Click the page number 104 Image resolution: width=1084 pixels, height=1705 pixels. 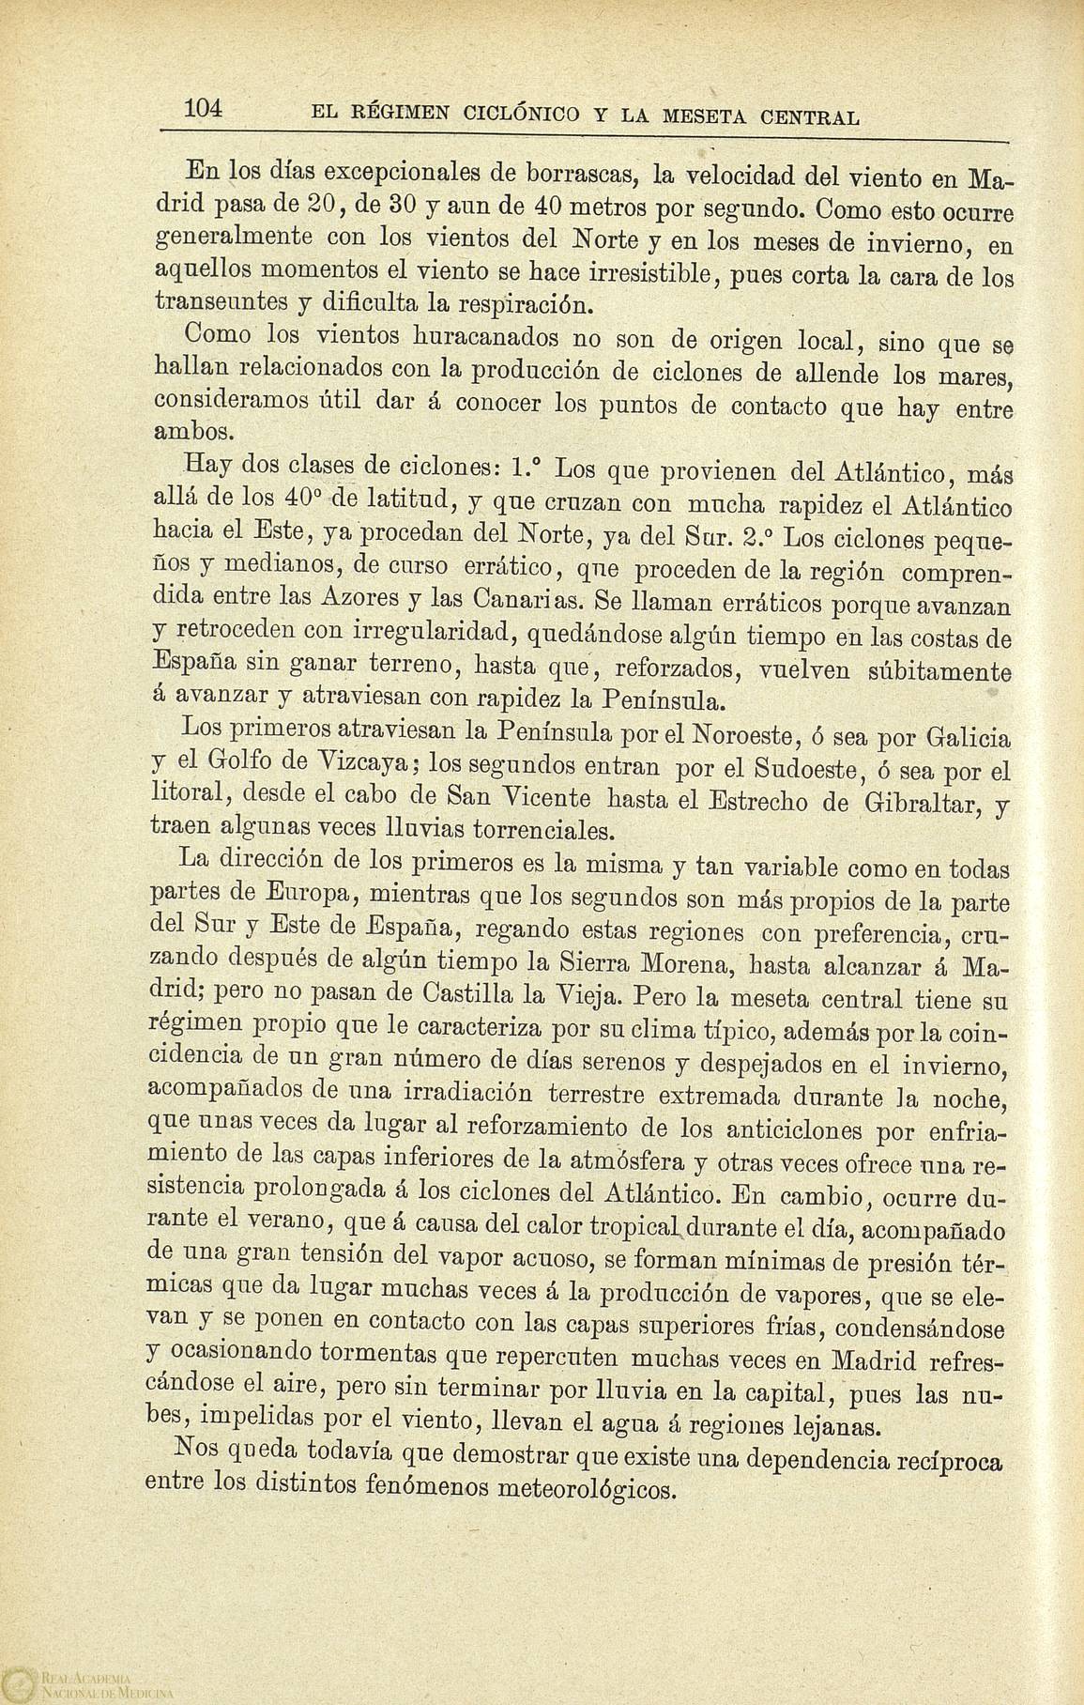[x=202, y=108]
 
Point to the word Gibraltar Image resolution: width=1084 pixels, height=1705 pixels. [x=922, y=803]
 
